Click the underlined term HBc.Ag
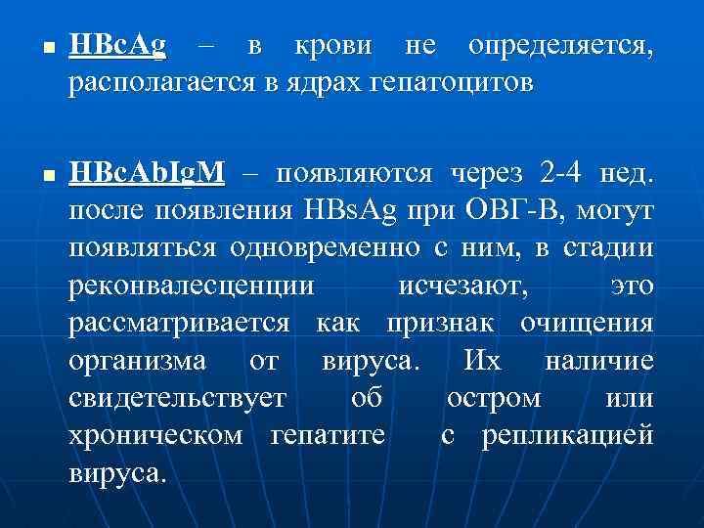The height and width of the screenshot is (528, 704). tap(117, 47)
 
